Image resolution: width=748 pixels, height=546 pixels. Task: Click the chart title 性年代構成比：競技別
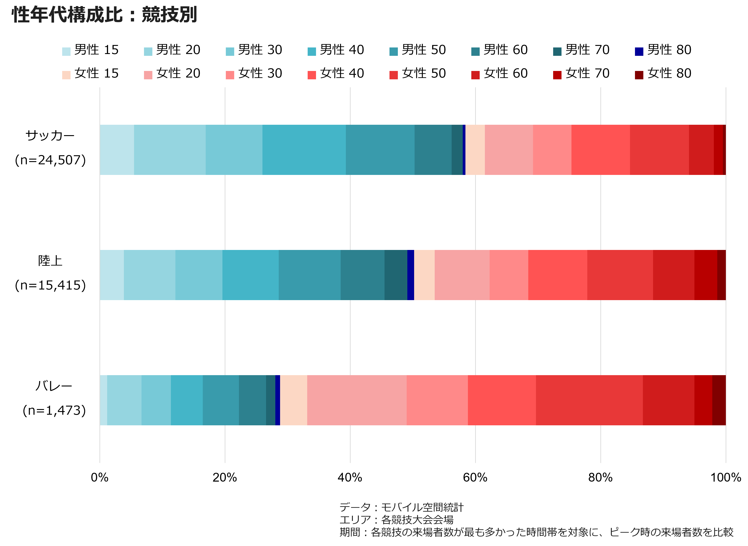click(x=104, y=15)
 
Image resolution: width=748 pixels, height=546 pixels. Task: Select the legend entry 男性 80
click(x=663, y=50)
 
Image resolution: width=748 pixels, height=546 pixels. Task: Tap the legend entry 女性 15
click(x=90, y=73)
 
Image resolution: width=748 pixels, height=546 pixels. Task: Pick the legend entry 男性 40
click(x=336, y=50)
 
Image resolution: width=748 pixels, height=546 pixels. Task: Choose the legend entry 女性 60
click(x=499, y=73)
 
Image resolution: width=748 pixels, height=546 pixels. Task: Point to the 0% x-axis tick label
click(x=99, y=478)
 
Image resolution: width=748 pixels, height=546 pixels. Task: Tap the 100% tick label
click(x=726, y=478)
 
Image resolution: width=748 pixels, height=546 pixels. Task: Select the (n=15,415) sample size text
click(x=50, y=285)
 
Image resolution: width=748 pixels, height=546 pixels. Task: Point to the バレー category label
click(x=54, y=386)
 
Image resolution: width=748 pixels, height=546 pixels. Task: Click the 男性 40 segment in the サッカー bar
click(x=304, y=150)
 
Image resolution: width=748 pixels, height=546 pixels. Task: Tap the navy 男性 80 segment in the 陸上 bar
click(x=411, y=275)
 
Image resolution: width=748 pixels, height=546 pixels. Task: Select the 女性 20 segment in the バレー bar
click(x=357, y=400)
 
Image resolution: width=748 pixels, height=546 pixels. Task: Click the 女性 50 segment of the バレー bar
click(x=589, y=400)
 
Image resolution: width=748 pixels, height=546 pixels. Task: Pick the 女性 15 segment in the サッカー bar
click(x=475, y=150)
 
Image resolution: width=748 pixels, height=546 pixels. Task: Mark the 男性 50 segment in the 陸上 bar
click(x=310, y=275)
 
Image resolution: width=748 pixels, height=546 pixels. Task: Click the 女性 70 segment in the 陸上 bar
click(x=706, y=275)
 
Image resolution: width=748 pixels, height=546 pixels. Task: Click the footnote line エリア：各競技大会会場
click(x=396, y=520)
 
